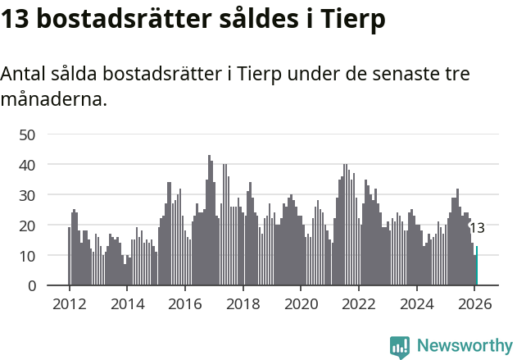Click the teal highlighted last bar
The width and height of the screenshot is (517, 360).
(477, 267)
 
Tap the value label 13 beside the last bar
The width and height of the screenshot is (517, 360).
(477, 228)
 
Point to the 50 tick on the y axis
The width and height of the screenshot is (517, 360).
(27, 134)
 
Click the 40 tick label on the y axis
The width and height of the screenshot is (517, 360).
(27, 165)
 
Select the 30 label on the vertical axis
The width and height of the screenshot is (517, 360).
(27, 195)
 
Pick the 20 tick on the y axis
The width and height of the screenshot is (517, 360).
(27, 226)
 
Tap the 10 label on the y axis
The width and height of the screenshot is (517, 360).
(27, 256)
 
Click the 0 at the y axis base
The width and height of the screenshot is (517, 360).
(32, 286)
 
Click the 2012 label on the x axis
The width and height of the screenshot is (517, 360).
(69, 304)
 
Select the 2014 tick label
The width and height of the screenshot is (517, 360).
(127, 304)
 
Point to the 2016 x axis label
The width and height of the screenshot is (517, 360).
(185, 304)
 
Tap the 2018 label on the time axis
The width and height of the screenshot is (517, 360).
(243, 304)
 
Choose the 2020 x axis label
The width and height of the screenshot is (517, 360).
(301, 304)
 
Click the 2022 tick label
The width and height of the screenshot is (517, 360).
(358, 304)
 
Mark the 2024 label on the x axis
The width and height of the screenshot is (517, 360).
(416, 304)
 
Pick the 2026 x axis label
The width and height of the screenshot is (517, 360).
(474, 304)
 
